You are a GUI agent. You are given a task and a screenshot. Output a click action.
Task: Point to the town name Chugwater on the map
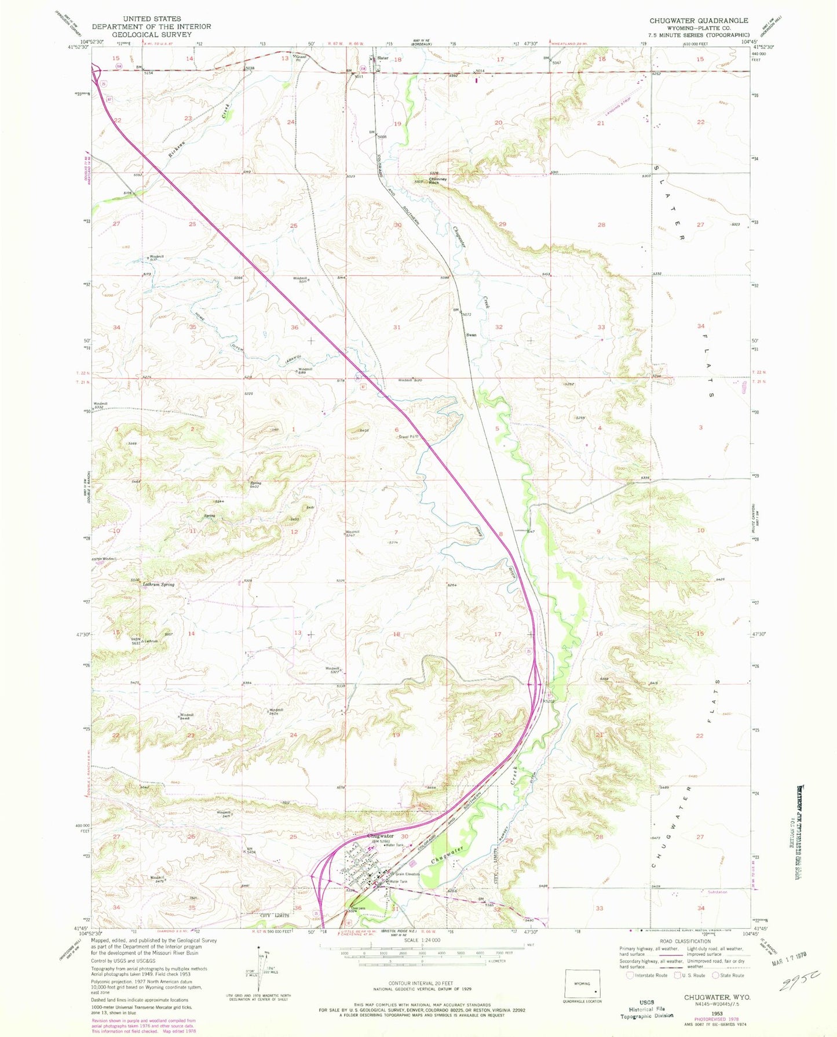coord(381,836)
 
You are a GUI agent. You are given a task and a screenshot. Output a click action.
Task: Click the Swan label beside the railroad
coord(472,335)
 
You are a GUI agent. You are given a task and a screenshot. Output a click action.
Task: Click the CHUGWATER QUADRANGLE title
coord(699,20)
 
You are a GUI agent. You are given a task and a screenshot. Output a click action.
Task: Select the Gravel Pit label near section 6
coord(408,436)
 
